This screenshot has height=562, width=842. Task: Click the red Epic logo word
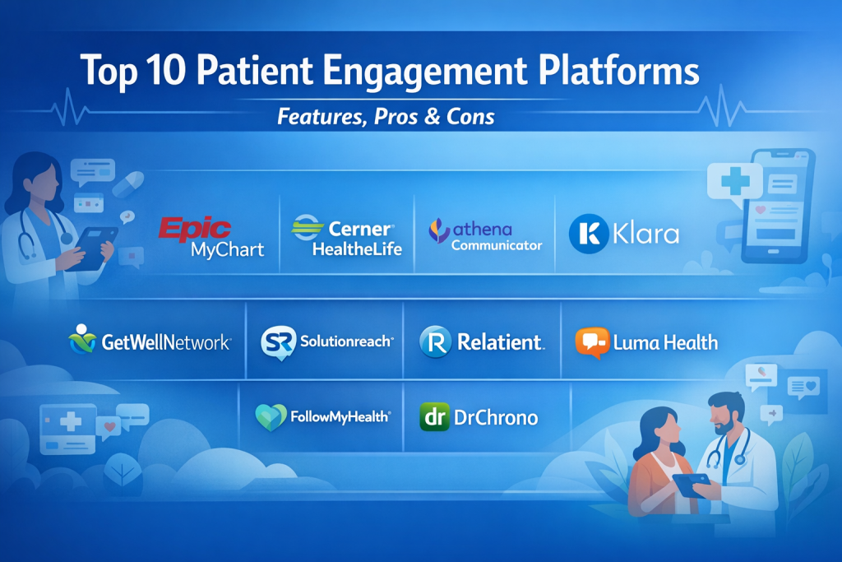[x=195, y=229]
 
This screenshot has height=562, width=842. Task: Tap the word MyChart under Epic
[x=228, y=250]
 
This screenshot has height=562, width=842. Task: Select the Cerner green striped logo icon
[x=308, y=227]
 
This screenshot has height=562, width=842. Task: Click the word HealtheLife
[x=357, y=248]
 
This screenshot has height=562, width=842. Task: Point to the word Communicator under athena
[x=497, y=245]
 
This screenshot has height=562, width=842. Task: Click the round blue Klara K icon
[x=589, y=234]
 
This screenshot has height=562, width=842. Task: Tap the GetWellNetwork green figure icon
[x=82, y=339]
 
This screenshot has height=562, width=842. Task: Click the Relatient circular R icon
[x=436, y=341]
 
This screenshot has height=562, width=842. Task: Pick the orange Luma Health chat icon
[x=592, y=342]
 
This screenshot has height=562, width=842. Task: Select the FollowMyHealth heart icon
[x=271, y=417]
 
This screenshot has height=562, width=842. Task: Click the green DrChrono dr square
[x=434, y=417]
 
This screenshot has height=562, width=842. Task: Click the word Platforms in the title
[x=618, y=70]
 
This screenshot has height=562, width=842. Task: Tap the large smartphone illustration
[x=778, y=207]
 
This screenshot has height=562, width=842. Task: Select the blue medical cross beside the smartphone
[x=735, y=180]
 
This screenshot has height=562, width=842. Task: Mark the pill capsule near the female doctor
[x=127, y=184]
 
